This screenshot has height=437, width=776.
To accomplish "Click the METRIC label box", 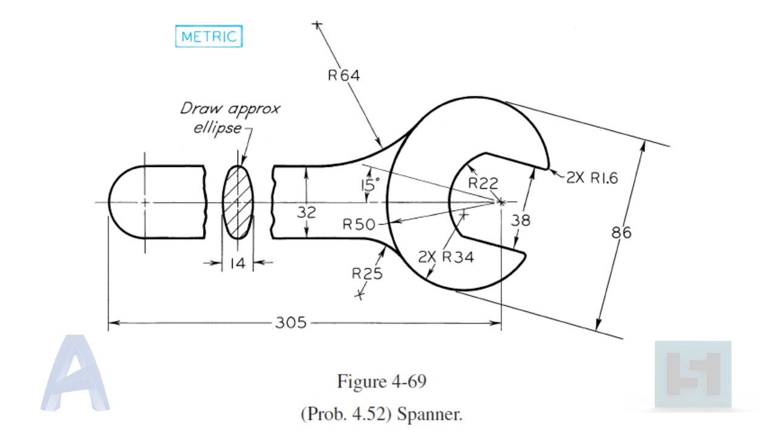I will [209, 36].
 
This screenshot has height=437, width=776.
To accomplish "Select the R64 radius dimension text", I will [343, 76].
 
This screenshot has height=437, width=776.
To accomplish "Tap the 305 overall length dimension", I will [290, 323].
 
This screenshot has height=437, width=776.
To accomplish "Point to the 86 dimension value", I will [621, 232].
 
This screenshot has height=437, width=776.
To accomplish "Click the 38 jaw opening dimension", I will [520, 220].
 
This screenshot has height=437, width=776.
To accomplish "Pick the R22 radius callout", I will [483, 183].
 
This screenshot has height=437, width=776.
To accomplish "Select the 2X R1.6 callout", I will [592, 178].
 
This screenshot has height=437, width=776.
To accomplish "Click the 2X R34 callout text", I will [446, 257].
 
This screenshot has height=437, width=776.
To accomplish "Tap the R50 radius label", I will [359, 225].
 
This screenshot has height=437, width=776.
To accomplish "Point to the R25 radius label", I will [367, 274].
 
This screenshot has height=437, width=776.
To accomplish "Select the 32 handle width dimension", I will [306, 212].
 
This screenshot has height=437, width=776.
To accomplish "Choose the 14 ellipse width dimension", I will [238, 263].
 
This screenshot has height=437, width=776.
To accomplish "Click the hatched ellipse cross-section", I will [238, 203].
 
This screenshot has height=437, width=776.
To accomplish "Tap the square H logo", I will [692, 373].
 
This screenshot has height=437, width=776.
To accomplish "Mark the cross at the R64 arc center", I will [316, 25].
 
